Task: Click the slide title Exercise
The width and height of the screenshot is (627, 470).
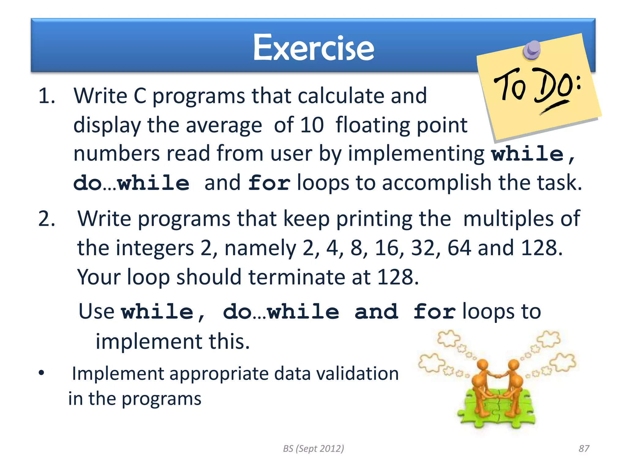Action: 313,47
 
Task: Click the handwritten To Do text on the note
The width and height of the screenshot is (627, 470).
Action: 537,87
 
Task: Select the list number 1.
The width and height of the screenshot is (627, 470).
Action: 47,96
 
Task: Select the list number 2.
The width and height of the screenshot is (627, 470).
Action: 47,219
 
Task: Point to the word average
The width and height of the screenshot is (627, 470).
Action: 224,125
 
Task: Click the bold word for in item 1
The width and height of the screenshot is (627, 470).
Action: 269,183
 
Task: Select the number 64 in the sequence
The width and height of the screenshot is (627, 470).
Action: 459,248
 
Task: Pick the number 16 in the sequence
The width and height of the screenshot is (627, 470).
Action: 387,248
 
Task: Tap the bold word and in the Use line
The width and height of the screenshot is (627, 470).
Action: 376,311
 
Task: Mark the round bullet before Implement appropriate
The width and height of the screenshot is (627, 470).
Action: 41,373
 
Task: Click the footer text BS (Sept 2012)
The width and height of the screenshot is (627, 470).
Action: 313,448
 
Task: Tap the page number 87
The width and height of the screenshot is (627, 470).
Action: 584,448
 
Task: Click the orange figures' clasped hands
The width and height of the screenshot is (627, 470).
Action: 498,376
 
